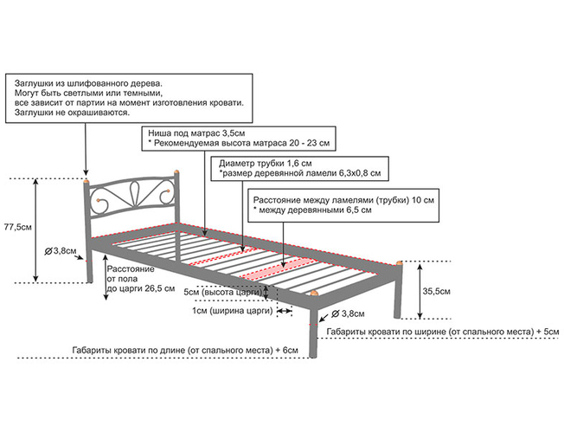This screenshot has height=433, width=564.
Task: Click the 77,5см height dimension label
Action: click(x=18, y=227)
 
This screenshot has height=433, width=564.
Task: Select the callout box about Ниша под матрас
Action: click(x=239, y=138)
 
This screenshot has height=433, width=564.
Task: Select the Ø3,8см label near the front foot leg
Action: click(x=347, y=313)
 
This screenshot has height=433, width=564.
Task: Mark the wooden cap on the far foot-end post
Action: click(x=399, y=262)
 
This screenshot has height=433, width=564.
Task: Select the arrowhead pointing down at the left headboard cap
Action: click(x=86, y=171)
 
